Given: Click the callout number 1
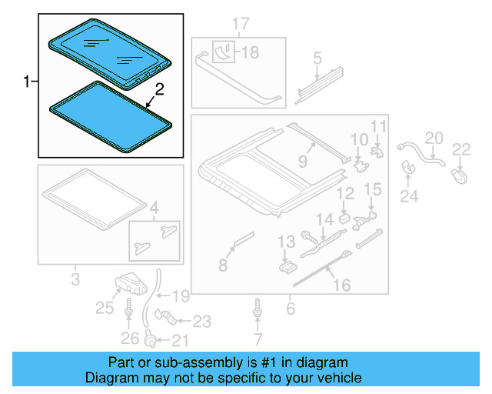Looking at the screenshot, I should [x=27, y=82].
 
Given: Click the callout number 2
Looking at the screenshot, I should [x=159, y=91].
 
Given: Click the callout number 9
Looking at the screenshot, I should [x=303, y=162].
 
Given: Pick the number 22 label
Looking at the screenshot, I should [x=460, y=149].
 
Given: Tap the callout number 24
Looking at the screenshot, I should [x=409, y=197].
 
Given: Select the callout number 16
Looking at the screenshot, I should [x=341, y=285].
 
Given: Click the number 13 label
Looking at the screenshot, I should [x=285, y=242].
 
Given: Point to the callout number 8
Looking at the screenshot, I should [x=222, y=265].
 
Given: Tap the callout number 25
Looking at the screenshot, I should [x=104, y=309].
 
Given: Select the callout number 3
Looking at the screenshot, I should [x=75, y=279].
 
